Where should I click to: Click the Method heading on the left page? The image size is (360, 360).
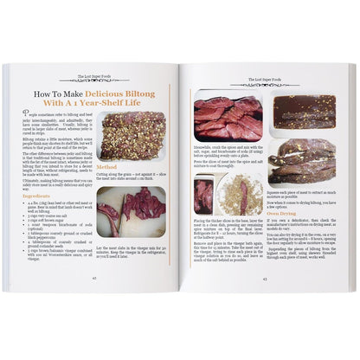(x=107, y=166)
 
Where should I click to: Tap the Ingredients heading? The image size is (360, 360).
(x=42, y=196)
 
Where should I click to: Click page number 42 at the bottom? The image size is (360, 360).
(x=94, y=278)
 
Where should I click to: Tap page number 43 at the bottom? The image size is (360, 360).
(x=264, y=278)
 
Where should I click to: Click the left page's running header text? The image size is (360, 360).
(x=94, y=76)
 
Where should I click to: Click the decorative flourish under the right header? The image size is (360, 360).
(x=264, y=81)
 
